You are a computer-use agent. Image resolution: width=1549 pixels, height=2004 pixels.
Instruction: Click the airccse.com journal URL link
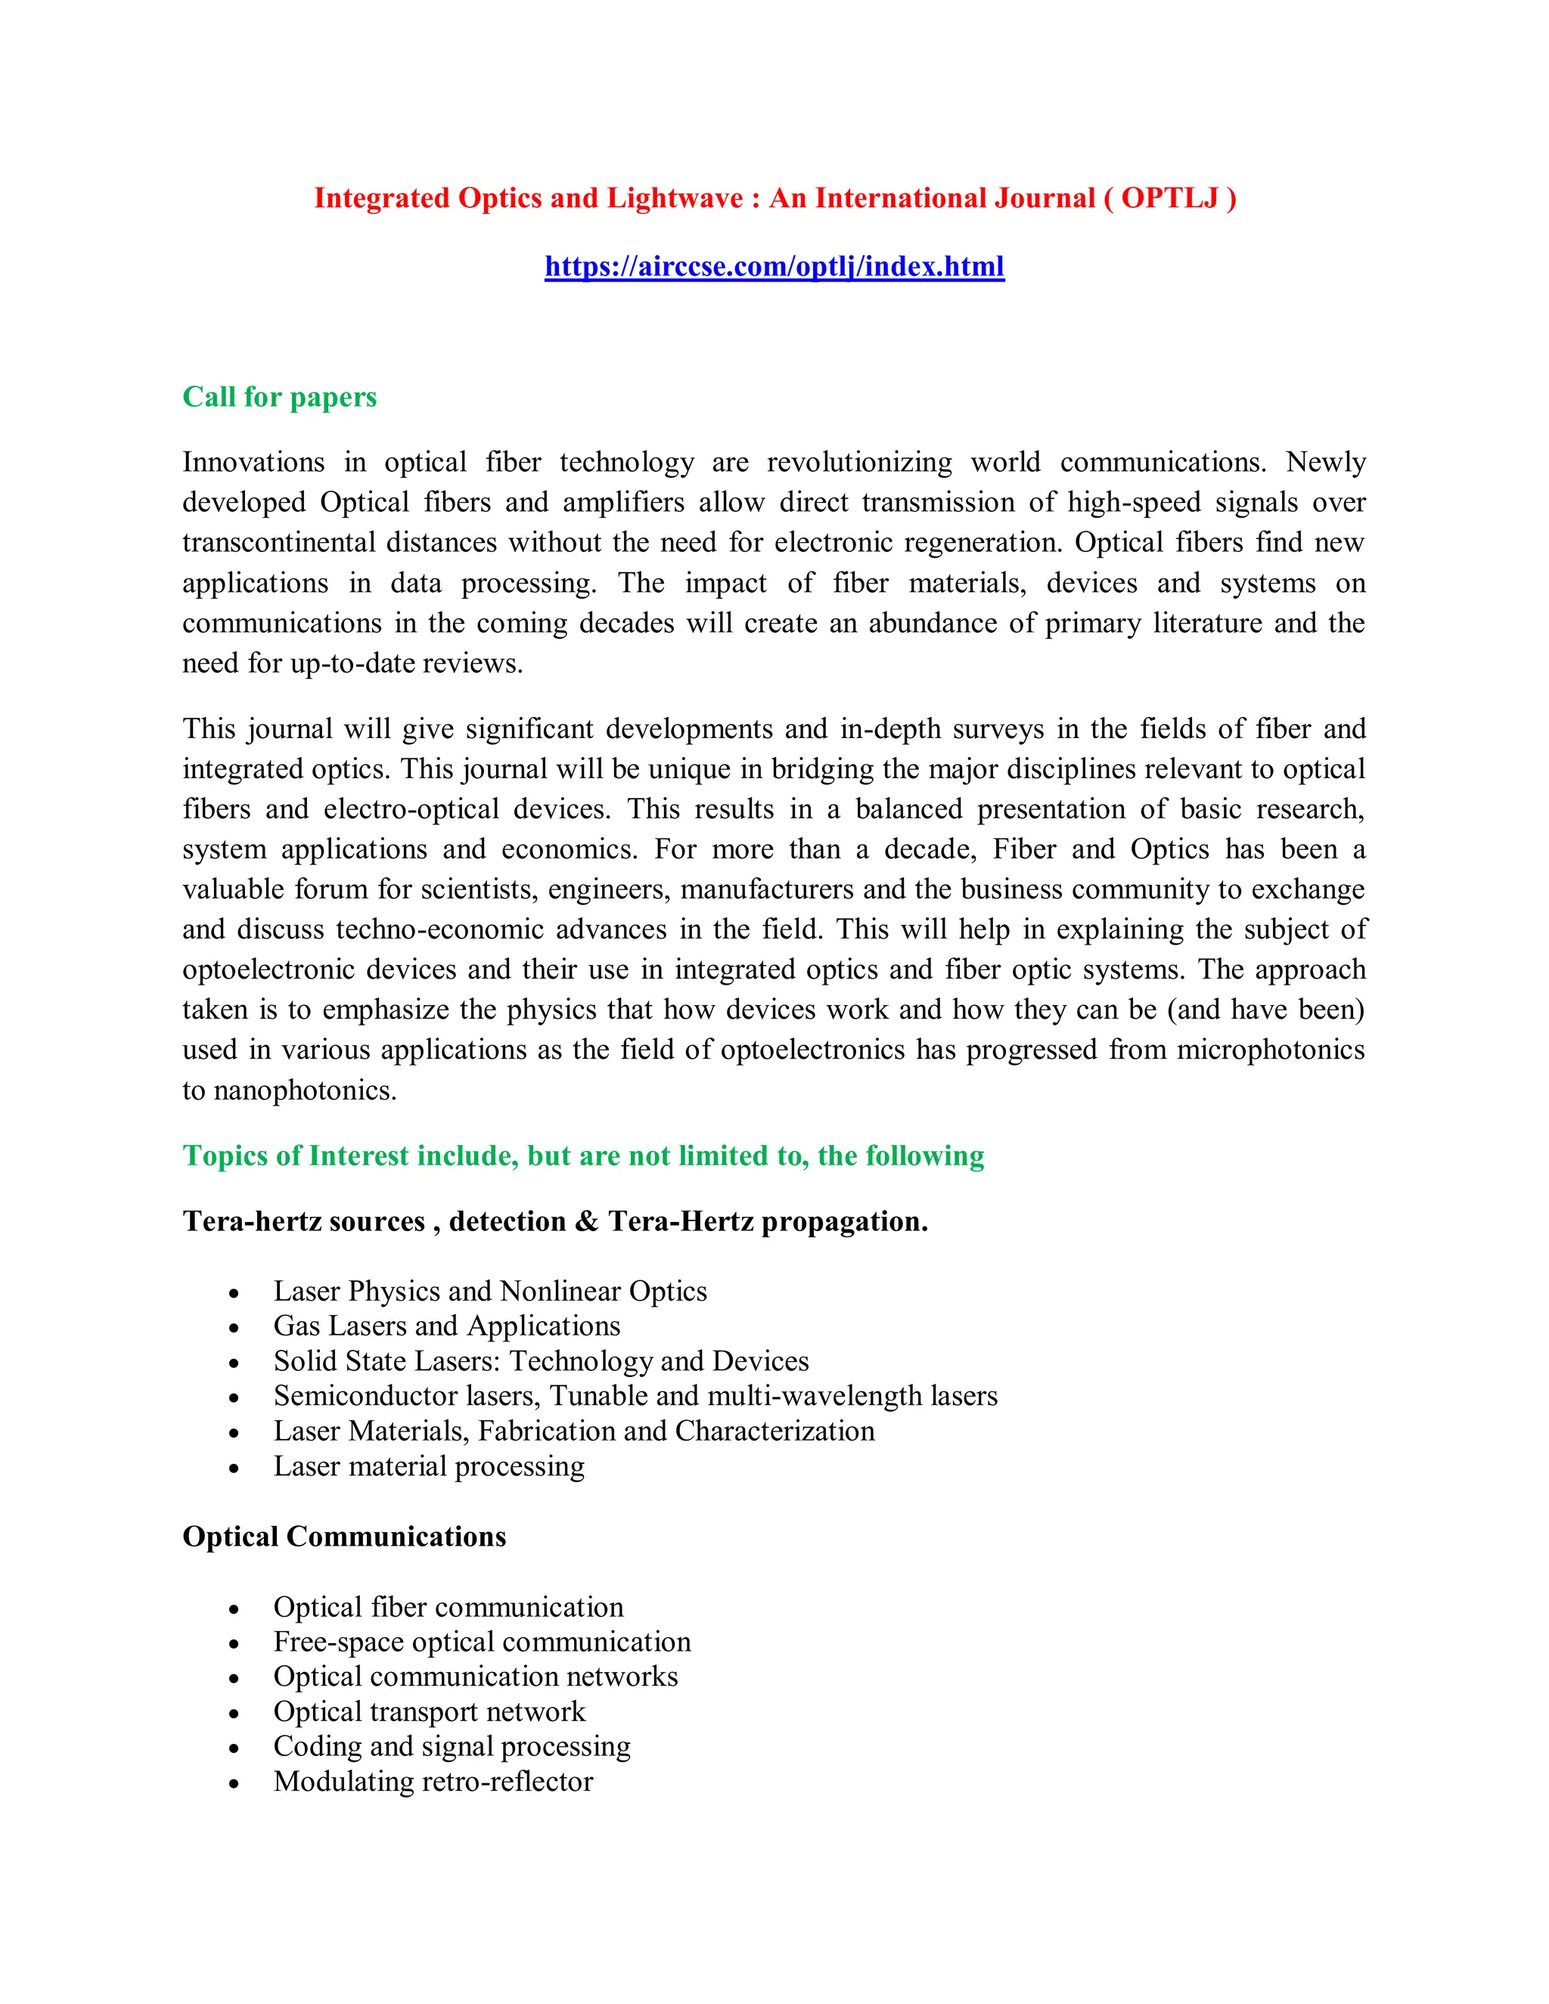point(774,266)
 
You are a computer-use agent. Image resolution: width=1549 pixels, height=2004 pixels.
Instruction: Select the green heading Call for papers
point(279,396)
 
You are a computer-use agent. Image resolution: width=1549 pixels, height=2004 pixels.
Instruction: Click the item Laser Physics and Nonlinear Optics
point(490,1291)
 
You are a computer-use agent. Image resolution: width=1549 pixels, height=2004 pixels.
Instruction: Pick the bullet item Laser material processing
point(429,1466)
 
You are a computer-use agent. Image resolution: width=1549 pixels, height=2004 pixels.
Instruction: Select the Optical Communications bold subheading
point(344,1536)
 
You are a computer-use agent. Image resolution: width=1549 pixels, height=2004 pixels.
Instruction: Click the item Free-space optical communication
point(482,1642)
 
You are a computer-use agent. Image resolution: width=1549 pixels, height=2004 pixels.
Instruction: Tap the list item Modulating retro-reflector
point(433,1781)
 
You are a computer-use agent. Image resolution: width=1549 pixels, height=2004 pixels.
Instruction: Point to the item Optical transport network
point(429,1711)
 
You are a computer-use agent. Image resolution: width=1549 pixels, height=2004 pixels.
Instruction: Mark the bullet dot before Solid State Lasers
point(234,1363)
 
